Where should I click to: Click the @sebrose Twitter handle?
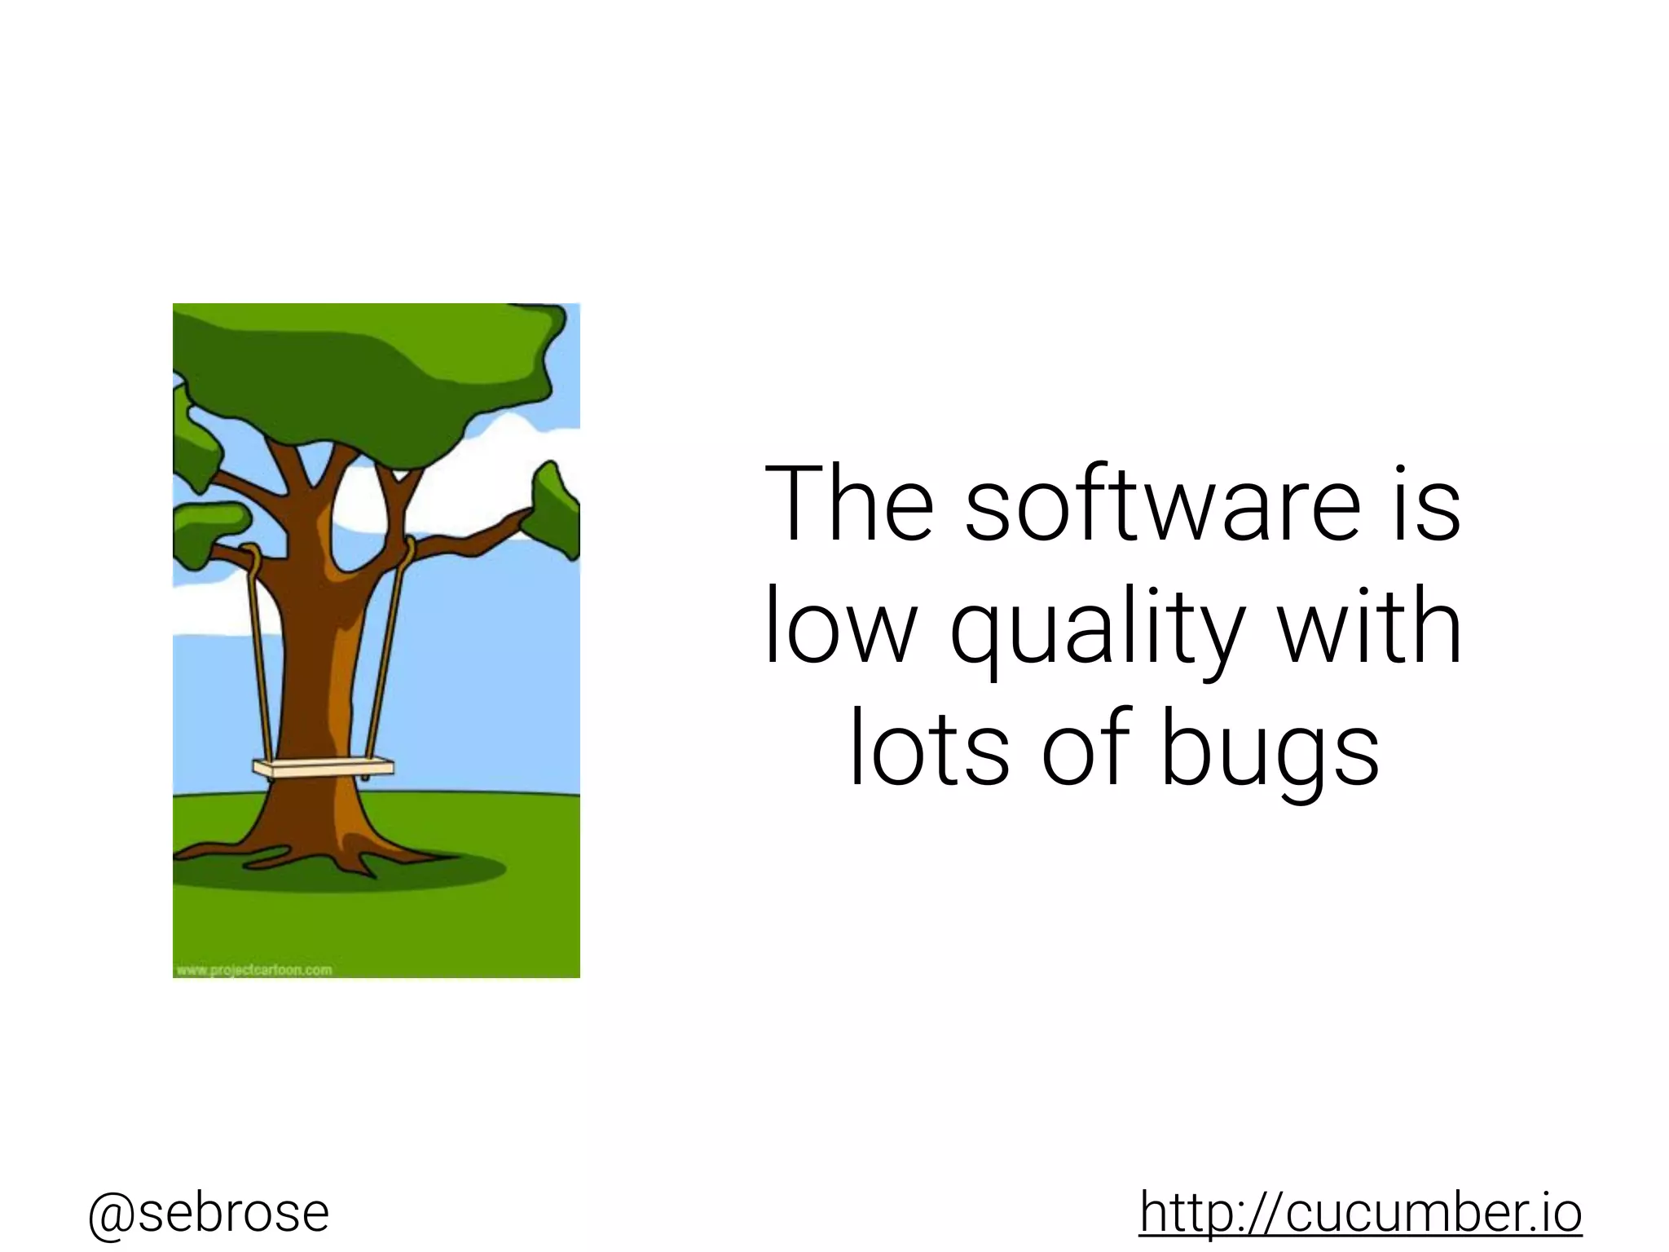click(209, 1212)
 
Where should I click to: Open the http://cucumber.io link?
click(1360, 1212)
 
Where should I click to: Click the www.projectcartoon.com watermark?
click(253, 970)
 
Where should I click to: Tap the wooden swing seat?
click(323, 768)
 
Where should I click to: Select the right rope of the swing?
click(386, 652)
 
